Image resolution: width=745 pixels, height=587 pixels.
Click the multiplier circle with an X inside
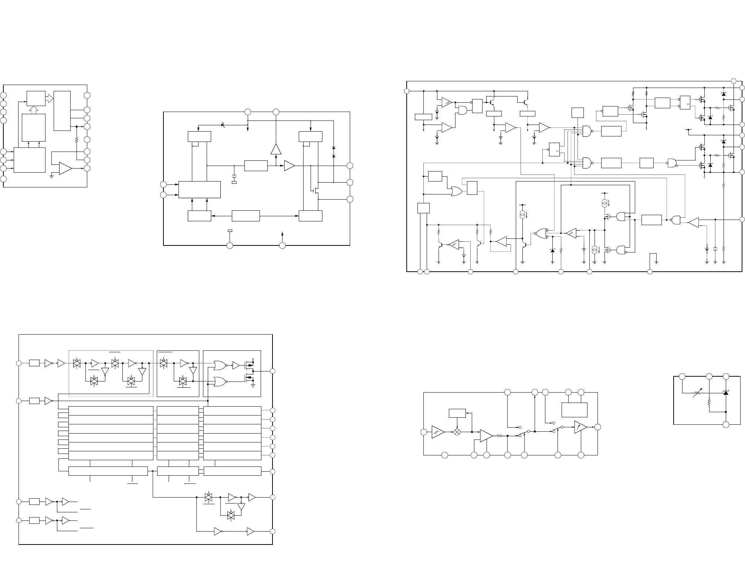click(x=457, y=432)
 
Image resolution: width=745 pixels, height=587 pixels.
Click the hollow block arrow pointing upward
click(x=33, y=109)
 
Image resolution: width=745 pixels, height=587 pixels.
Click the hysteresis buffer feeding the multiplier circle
click(x=438, y=432)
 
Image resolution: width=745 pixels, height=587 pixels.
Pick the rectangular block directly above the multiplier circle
click(x=457, y=413)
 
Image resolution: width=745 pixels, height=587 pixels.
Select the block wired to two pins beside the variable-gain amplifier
click(x=574, y=410)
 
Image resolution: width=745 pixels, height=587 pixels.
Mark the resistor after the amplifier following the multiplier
click(x=500, y=436)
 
